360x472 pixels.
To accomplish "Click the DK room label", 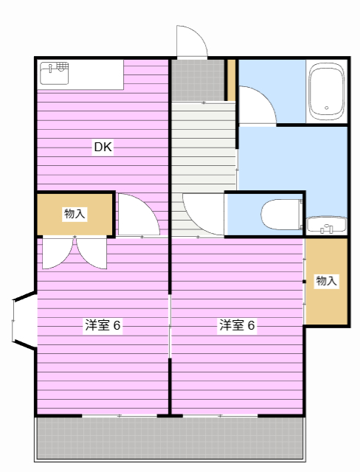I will coord(103,147).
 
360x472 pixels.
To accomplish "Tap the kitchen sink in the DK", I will coord(55,70).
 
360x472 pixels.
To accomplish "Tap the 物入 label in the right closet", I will coord(326,280).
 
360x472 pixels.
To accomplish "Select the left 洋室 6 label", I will coord(103,325).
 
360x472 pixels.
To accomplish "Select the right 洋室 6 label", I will coord(237,325).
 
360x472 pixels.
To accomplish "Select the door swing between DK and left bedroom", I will coord(137,215).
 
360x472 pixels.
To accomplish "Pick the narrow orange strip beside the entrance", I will coord(231,80).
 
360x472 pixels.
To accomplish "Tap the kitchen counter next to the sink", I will coord(97,74).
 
